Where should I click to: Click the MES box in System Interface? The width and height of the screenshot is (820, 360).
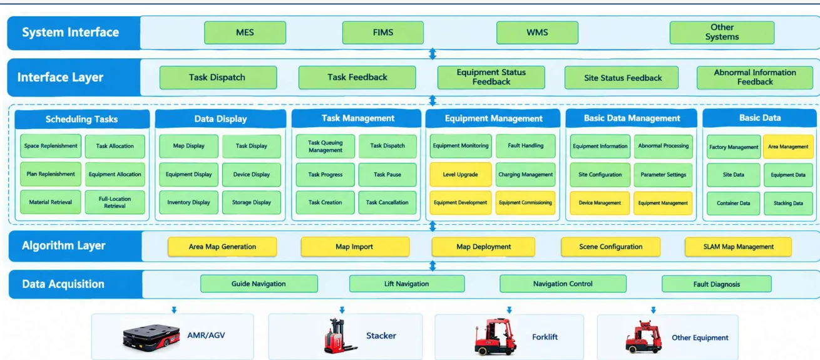pyautogui.click(x=245, y=33)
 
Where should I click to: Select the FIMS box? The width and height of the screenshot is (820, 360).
pyautogui.click(x=383, y=33)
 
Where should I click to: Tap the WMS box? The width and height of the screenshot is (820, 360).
pyautogui.click(x=537, y=33)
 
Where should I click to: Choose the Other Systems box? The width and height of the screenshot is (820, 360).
pyautogui.click(x=722, y=33)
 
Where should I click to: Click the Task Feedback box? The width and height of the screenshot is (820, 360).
pyautogui.click(x=357, y=77)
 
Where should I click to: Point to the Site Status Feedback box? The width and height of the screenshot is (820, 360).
pyautogui.click(x=621, y=78)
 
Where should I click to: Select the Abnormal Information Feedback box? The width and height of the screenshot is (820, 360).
pyautogui.click(x=755, y=77)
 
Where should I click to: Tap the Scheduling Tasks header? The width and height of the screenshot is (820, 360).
pyautogui.click(x=82, y=119)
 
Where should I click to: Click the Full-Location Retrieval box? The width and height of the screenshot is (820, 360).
pyautogui.click(x=115, y=202)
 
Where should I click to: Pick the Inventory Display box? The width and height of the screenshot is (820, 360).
pyautogui.click(x=188, y=202)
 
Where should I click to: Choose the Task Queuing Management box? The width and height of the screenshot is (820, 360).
pyautogui.click(x=325, y=146)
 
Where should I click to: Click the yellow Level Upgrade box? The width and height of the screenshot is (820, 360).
pyautogui.click(x=460, y=174)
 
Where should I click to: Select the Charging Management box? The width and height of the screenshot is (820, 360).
pyautogui.click(x=525, y=174)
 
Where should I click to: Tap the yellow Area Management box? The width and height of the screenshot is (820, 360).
pyautogui.click(x=788, y=147)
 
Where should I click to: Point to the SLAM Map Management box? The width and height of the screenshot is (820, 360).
pyautogui.click(x=738, y=247)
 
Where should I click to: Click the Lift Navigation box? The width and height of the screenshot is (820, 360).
pyautogui.click(x=407, y=284)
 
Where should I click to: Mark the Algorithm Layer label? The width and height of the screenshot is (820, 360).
pyautogui.click(x=64, y=245)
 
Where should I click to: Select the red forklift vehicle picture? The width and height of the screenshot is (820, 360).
pyautogui.click(x=495, y=337)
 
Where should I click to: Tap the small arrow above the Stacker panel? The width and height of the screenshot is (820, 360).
pyautogui.click(x=342, y=310)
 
